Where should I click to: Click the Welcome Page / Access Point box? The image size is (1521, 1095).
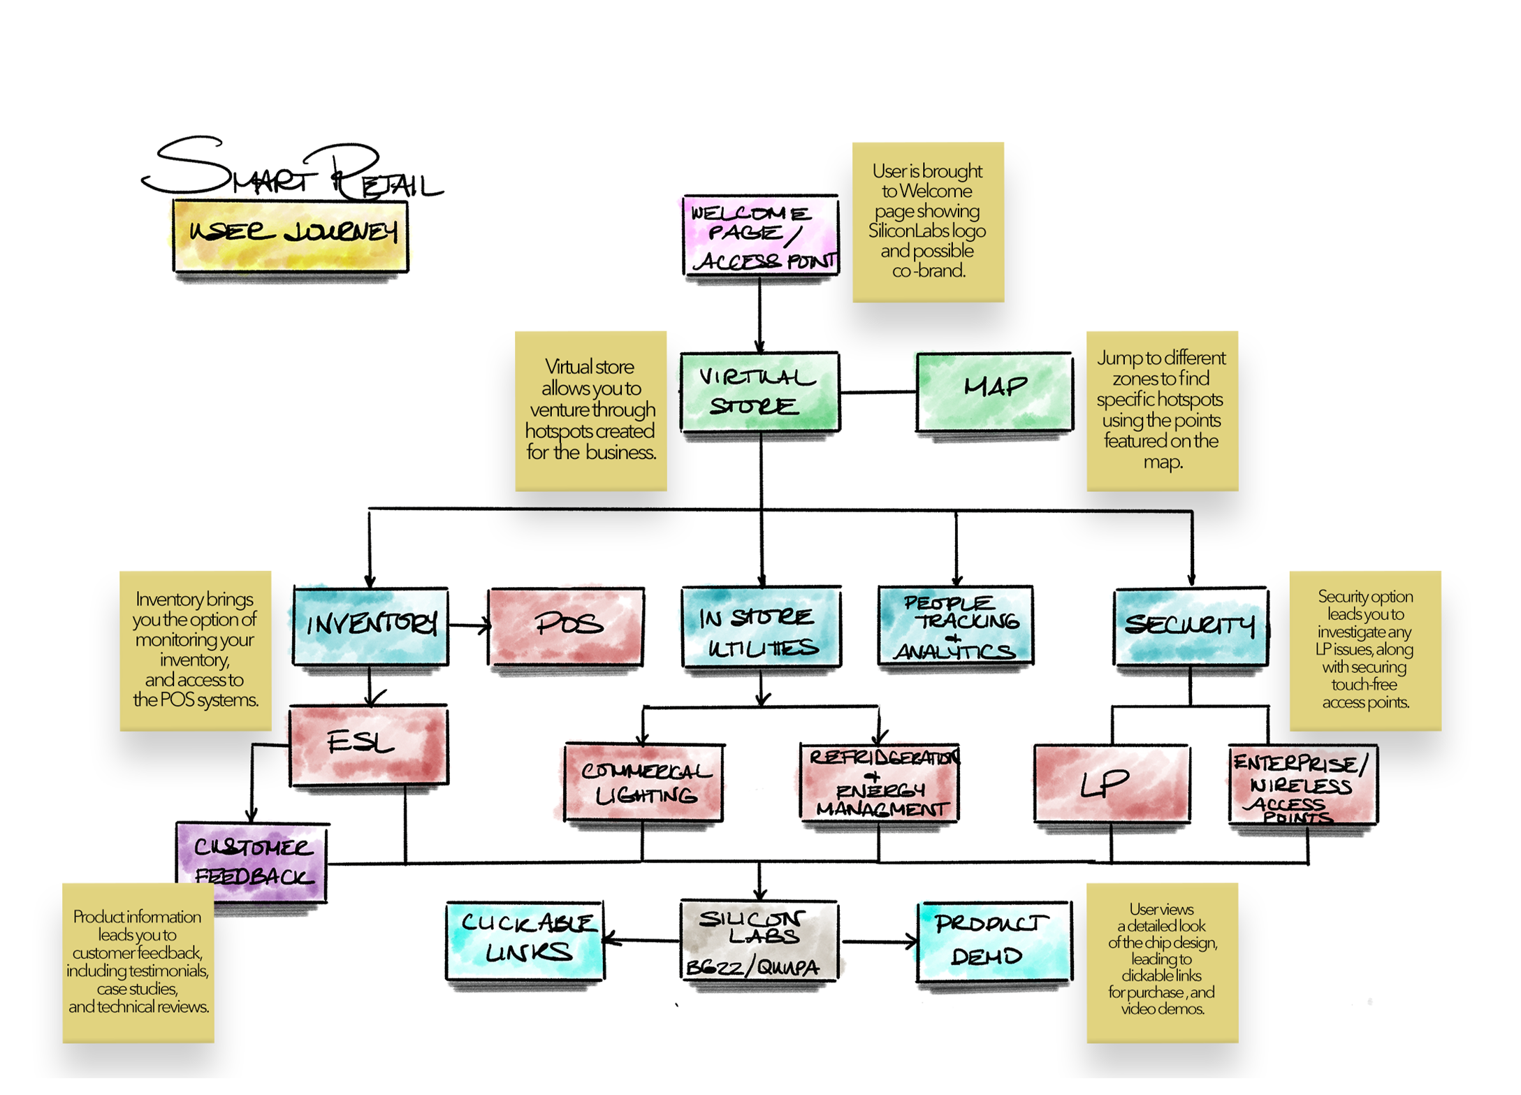point(761,235)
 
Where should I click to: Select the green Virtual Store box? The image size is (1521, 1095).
point(760,391)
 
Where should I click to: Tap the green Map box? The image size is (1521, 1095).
point(994,391)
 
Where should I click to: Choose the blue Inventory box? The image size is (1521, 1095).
point(371,625)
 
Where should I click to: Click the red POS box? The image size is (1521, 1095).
point(567,625)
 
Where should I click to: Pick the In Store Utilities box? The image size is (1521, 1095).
point(761,627)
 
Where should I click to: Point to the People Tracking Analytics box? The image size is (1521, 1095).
point(955,625)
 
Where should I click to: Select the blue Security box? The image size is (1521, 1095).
point(1191,627)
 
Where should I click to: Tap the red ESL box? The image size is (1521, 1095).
point(369,745)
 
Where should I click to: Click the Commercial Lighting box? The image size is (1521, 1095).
point(643,783)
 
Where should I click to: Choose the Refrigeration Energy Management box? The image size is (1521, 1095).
point(879,783)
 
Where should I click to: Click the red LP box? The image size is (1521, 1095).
point(1112,783)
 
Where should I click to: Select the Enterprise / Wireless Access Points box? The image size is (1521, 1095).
point(1303,784)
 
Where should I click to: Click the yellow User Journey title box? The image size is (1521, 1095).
point(291,235)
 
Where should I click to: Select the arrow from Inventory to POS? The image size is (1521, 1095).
point(469,626)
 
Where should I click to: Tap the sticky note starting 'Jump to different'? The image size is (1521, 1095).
point(1162,410)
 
